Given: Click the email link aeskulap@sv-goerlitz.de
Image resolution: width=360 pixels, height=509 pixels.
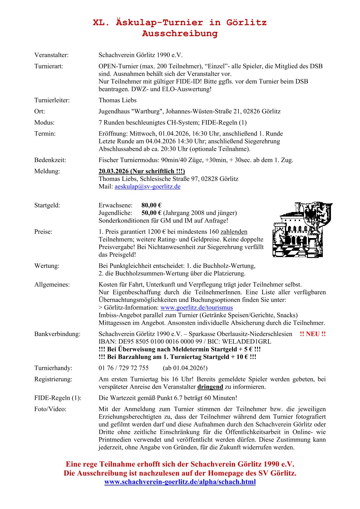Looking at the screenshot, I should pyautogui.click(x=147, y=187).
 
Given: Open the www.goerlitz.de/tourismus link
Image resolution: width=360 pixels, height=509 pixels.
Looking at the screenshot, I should pyautogui.click(x=196, y=308).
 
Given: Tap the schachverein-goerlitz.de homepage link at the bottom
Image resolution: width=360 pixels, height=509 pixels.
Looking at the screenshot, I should pyautogui.click(x=180, y=482).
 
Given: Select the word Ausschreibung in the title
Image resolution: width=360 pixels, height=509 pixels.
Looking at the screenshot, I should pyautogui.click(x=180, y=33).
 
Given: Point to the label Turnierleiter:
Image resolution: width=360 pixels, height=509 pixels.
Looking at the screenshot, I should pyautogui.click(x=52, y=100).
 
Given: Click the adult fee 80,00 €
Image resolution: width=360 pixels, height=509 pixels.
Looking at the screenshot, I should pyautogui.click(x=152, y=205).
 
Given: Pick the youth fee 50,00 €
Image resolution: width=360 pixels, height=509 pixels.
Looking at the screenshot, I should pyautogui.click(x=152, y=213).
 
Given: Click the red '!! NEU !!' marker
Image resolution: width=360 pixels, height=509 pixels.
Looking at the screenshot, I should pyautogui.click(x=313, y=334).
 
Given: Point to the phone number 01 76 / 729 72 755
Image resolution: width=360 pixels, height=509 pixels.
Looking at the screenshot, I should pyautogui.click(x=124, y=368).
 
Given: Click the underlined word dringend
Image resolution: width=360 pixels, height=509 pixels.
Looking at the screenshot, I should pyautogui.click(x=210, y=387).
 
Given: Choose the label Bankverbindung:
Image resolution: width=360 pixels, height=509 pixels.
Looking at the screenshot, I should pyautogui.click(x=57, y=334).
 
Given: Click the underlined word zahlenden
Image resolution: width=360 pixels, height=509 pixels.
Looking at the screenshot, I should pyautogui.click(x=234, y=232).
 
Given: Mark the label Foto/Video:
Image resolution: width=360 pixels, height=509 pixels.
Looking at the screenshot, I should pyautogui.click(x=50, y=409).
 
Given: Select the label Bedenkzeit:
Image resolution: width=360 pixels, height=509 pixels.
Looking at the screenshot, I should pyautogui.click(x=50, y=160).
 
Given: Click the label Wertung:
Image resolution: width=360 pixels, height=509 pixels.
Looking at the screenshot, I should pyautogui.click(x=47, y=266).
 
